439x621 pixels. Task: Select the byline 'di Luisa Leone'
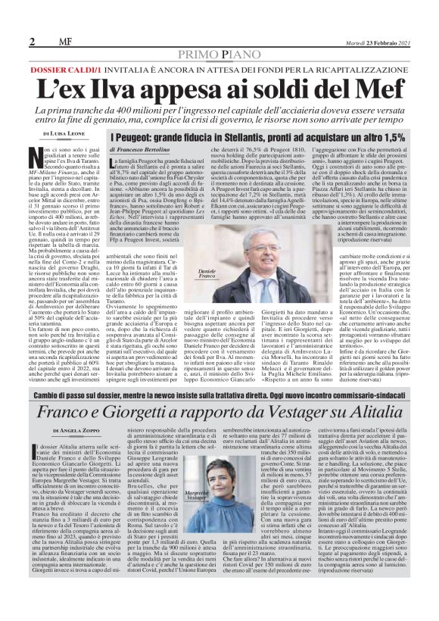click(x=64, y=133)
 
